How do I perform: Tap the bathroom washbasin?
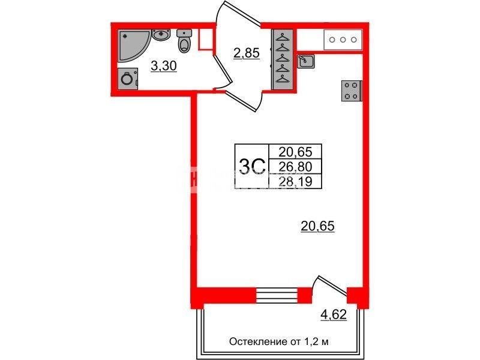[x=161, y=35]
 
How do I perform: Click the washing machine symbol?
[x=128, y=79]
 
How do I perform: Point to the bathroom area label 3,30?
[x=164, y=66]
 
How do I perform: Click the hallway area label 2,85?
[x=247, y=53]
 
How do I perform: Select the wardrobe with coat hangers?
[x=283, y=59]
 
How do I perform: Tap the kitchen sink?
[x=305, y=62]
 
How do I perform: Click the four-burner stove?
[x=352, y=91]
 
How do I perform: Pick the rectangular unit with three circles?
[x=343, y=40]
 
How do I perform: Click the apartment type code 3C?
[x=251, y=167]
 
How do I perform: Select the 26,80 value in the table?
[x=295, y=167]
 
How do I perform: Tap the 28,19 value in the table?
[x=295, y=182]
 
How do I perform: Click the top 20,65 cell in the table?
[x=295, y=152]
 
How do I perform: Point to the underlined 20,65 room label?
[x=318, y=227]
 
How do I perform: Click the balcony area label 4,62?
[x=334, y=314]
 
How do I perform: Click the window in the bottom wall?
[x=277, y=295]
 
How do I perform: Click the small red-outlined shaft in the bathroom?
[x=205, y=40]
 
